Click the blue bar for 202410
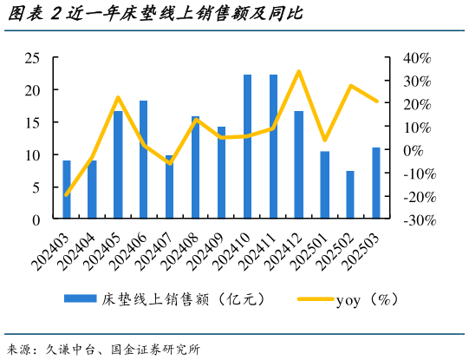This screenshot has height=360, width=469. (x=247, y=147)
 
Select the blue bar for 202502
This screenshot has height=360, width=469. (x=350, y=195)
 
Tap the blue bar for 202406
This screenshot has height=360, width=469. (x=144, y=160)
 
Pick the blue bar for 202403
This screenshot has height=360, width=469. (x=67, y=190)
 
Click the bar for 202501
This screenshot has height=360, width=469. (x=324, y=185)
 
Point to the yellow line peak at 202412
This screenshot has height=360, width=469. (x=298, y=71)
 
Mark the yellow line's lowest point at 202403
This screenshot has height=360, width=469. (x=67, y=195)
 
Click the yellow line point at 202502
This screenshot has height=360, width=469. (x=350, y=86)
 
